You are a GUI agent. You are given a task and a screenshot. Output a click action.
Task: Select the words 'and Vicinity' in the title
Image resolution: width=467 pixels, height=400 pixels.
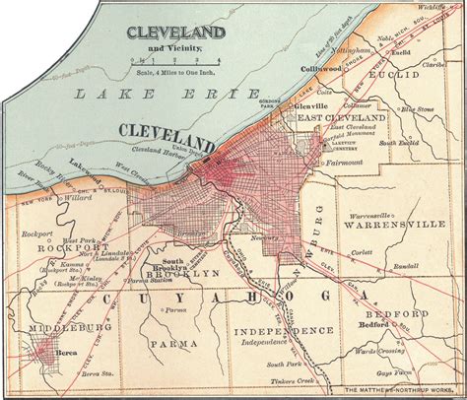(x=167, y=45)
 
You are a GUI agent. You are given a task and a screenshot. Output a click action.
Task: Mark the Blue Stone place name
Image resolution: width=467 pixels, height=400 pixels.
(x=420, y=110)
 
